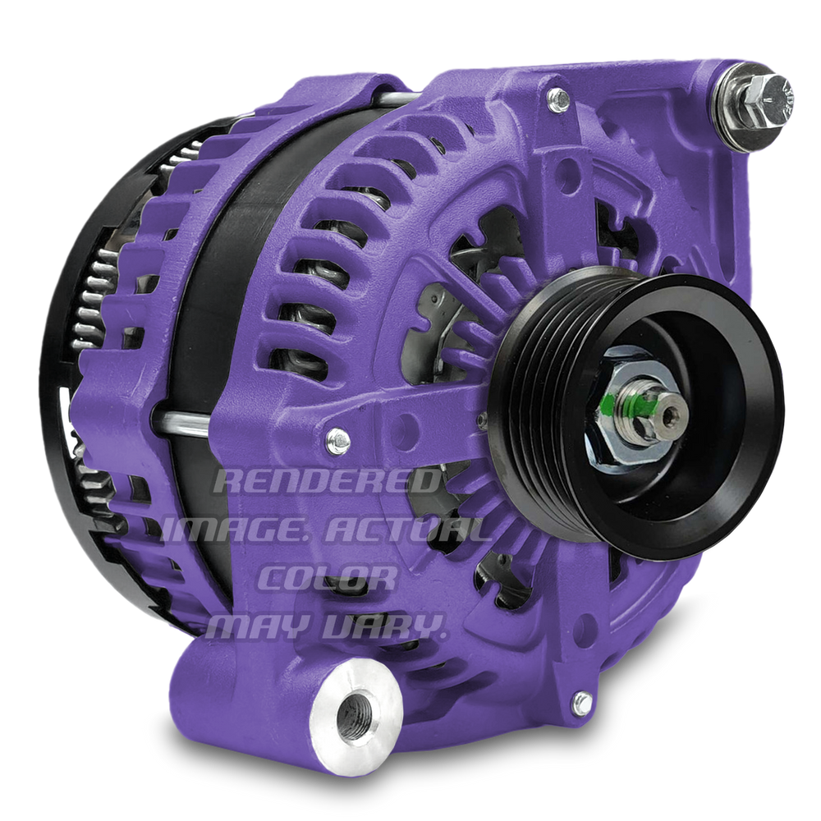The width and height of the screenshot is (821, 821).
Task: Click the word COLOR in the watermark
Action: tap(327, 578)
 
